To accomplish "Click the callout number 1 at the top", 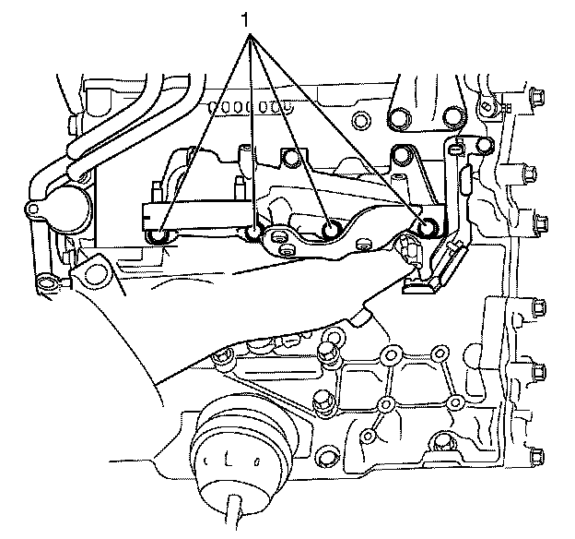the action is point(246,18).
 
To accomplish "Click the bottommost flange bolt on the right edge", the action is point(534,455).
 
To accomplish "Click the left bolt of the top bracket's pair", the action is point(398,118).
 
